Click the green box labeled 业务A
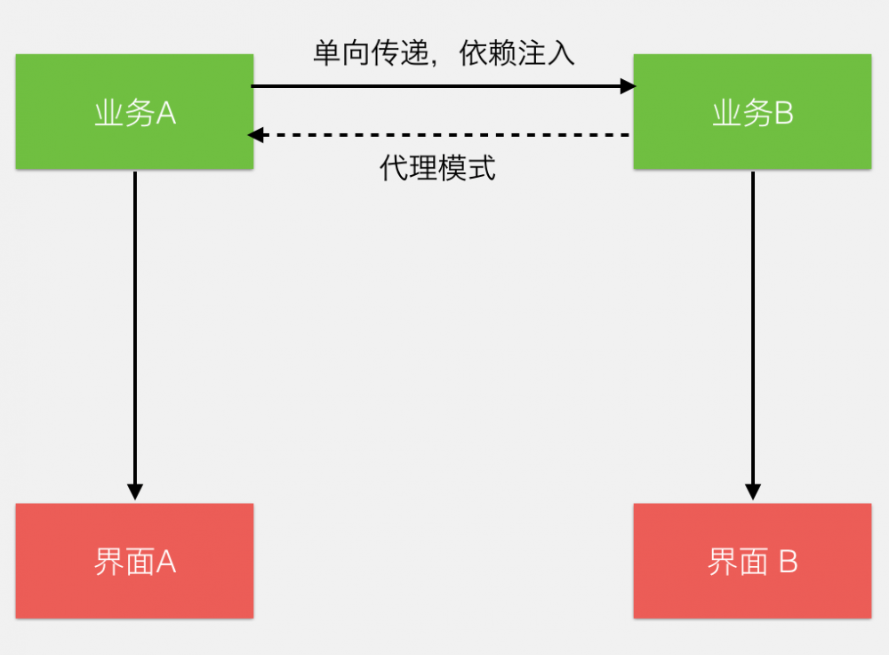[x=134, y=112]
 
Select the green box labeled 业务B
[x=752, y=112]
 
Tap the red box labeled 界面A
[x=134, y=561]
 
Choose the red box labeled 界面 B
[x=752, y=561]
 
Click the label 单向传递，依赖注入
[x=444, y=53]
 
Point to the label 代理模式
[x=437, y=168]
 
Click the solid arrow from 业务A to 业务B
[x=443, y=86]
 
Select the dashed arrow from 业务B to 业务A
[x=443, y=135]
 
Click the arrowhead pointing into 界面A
[x=134, y=491]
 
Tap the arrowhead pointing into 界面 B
[x=753, y=491]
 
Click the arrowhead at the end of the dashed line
[x=256, y=135]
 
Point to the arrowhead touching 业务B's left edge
[x=628, y=86]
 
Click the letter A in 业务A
[x=166, y=114]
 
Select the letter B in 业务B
[x=783, y=114]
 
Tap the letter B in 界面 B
[x=788, y=563]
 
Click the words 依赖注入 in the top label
[x=517, y=53]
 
